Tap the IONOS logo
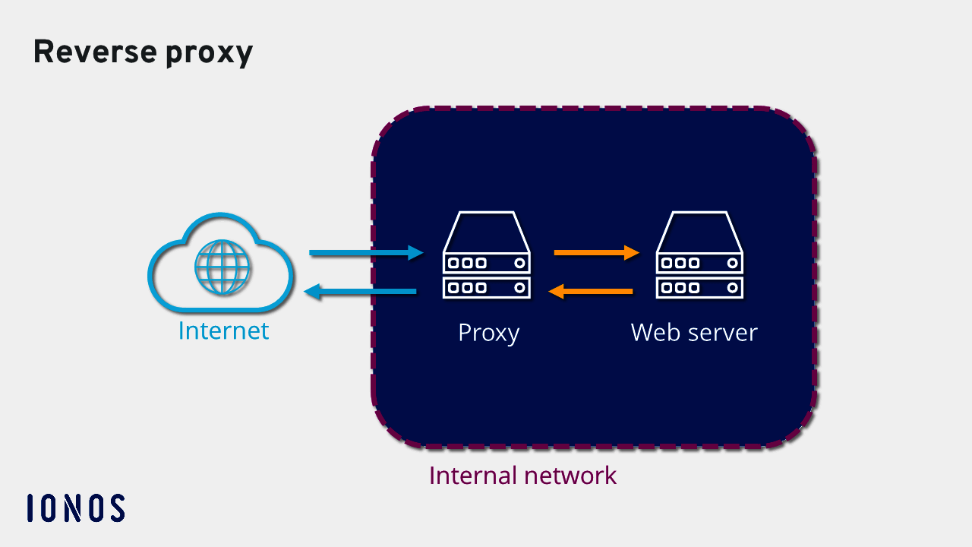tap(76, 507)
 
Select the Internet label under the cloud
tap(223, 330)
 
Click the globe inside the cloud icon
tap(222, 267)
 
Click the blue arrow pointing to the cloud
tap(360, 292)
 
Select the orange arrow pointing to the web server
tap(597, 252)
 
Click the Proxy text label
tap(488, 333)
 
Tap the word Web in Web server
tap(655, 332)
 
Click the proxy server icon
tap(486, 255)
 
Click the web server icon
tap(699, 255)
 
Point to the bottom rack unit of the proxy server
tap(486, 287)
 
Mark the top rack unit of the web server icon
tap(699, 263)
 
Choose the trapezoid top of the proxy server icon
tap(486, 232)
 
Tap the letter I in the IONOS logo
tap(30, 507)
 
